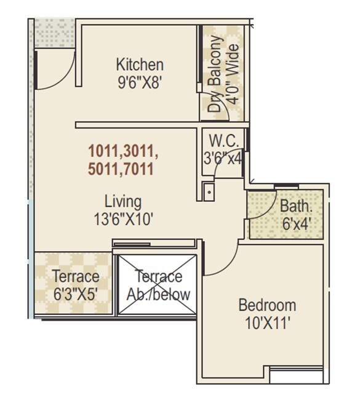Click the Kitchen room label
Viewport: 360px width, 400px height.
coord(140,65)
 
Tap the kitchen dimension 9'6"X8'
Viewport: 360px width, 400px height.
coord(140,82)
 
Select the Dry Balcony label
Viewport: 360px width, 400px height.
coord(215,74)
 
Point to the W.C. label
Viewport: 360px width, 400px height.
coord(219,140)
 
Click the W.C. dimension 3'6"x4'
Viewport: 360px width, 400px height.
coord(222,158)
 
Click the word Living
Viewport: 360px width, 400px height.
coord(123,201)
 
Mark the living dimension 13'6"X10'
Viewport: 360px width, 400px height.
coord(123,218)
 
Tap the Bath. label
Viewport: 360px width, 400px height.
coord(292,206)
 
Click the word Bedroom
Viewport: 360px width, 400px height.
coord(267,305)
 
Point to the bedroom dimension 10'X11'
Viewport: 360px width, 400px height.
coord(267,322)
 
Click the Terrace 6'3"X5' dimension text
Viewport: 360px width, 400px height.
coord(75,294)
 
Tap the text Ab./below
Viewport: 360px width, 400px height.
coord(158,294)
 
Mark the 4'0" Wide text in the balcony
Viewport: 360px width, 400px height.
coord(233,73)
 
